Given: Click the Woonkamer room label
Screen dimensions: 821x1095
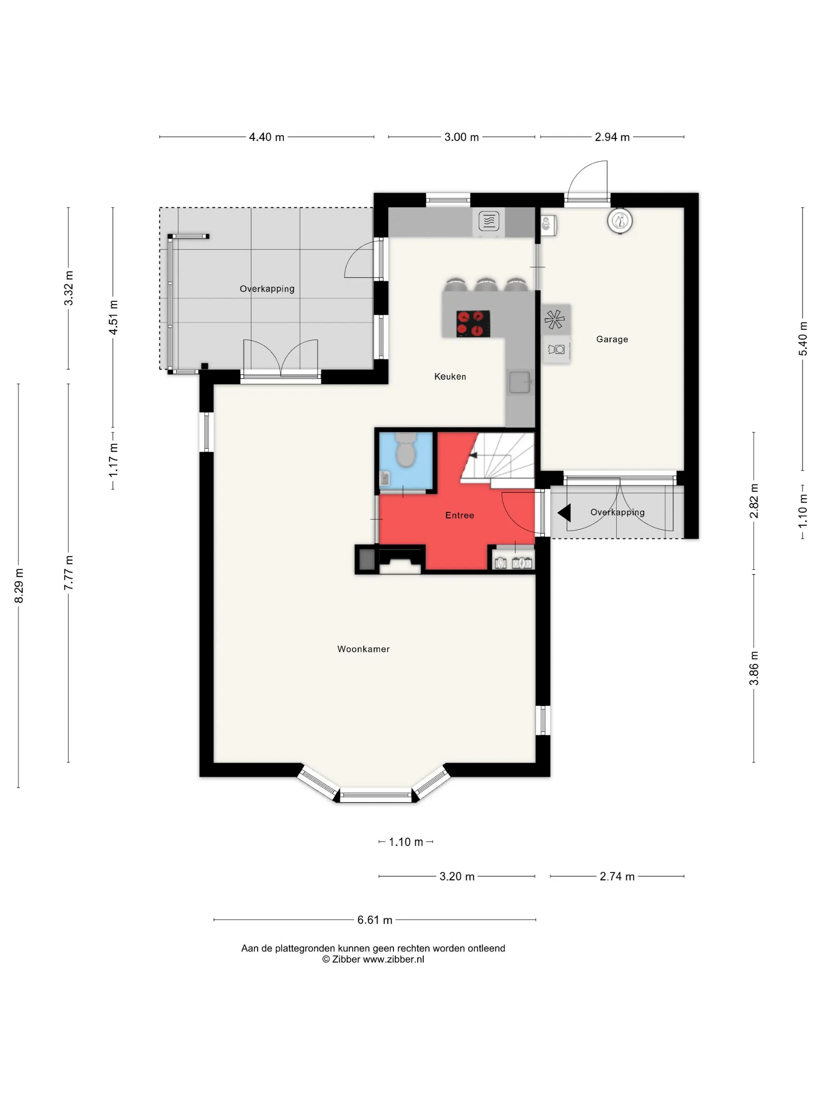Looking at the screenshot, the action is click(363, 648).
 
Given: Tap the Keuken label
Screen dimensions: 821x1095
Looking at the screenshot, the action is click(450, 376).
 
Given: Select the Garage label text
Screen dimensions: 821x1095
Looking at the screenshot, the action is click(612, 339).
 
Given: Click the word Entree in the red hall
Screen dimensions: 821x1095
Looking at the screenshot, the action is click(459, 515).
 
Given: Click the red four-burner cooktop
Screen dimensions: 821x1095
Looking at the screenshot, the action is click(473, 324).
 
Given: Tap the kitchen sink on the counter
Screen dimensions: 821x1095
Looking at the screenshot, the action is click(520, 382).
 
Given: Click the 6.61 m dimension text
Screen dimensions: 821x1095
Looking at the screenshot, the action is click(375, 920).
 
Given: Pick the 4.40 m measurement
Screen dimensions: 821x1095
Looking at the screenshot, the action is click(266, 137).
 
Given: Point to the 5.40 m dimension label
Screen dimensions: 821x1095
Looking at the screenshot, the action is click(803, 339).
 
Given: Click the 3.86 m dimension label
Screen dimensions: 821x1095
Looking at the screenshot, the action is click(754, 668).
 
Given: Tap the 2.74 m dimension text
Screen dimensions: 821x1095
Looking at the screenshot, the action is click(617, 876).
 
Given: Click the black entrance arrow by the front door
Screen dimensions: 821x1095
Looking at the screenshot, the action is click(564, 512).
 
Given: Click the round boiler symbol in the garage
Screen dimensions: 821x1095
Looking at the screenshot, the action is click(620, 221).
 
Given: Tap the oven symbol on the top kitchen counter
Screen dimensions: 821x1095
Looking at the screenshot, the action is click(489, 221).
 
